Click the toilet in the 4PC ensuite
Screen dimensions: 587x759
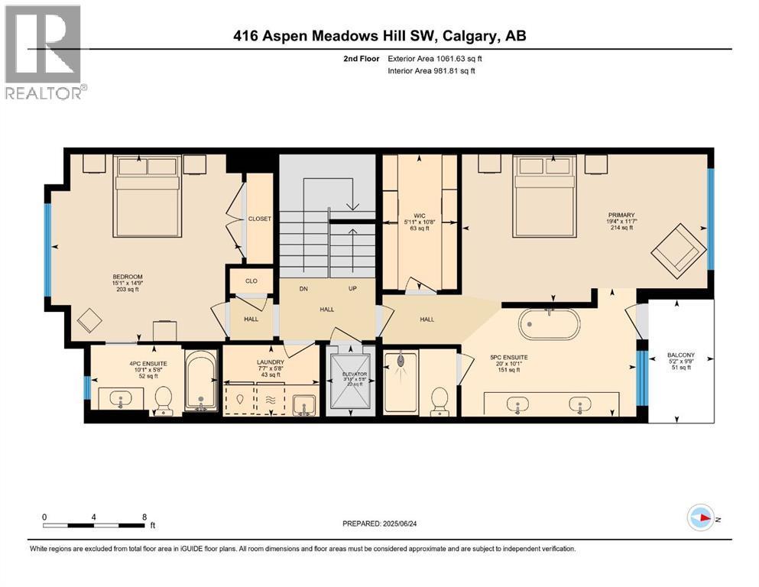[x=164, y=400]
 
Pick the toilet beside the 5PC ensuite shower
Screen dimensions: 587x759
[x=440, y=401]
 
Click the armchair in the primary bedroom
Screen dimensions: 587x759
[x=678, y=249]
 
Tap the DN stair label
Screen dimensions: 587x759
[x=303, y=289]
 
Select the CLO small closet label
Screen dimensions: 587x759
[x=251, y=281]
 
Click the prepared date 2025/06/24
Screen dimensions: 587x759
[x=383, y=523]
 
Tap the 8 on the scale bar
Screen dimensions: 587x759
[x=144, y=517]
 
